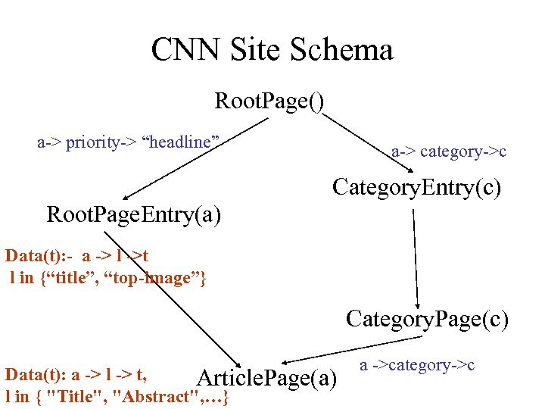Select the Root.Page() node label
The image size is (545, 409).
[x=269, y=101]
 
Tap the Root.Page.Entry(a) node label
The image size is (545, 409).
[x=134, y=215]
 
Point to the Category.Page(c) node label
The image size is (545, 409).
[x=427, y=319]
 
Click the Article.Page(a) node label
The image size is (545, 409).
[x=266, y=377]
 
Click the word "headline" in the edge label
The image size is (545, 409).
[x=181, y=142]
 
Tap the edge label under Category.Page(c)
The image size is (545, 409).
[x=416, y=365]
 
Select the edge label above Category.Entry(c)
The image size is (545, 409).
[x=448, y=152]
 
